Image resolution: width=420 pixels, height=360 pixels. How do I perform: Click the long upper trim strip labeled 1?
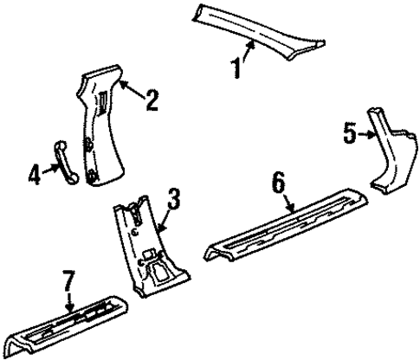tap(260, 26)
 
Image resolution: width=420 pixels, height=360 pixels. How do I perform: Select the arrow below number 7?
tap(70, 299)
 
